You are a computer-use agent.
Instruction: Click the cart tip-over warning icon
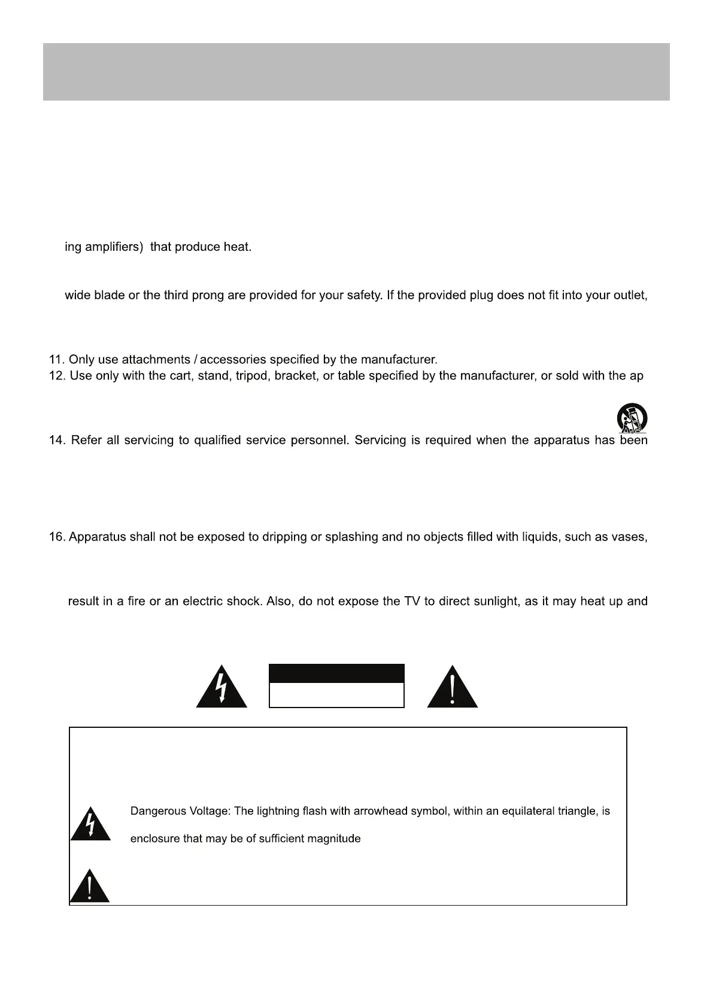click(632, 418)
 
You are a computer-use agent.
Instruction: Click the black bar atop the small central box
click(336, 673)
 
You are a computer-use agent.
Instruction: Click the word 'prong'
click(207, 295)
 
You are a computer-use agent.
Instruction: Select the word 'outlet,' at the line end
click(628, 295)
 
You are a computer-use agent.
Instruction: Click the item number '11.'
click(57, 360)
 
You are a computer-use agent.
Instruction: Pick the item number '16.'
click(57, 537)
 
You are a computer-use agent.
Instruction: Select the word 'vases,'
click(630, 537)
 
